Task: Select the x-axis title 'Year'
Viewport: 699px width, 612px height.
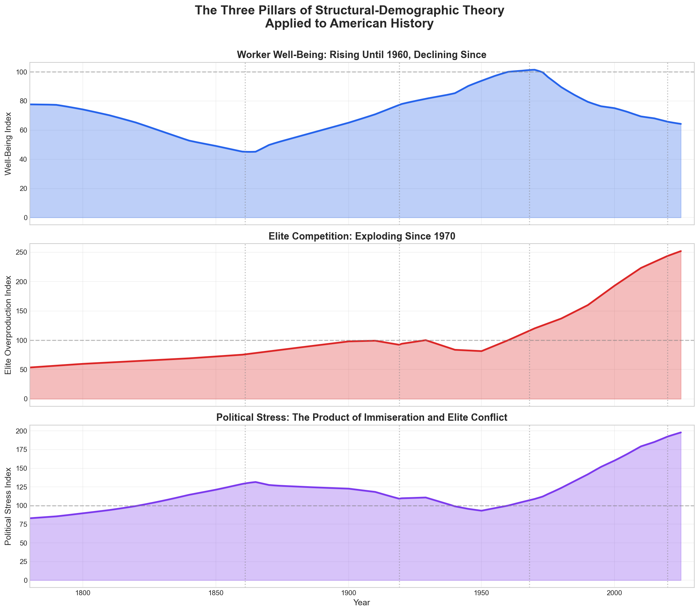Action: click(x=362, y=603)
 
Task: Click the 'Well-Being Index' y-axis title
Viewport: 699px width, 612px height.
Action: click(x=9, y=144)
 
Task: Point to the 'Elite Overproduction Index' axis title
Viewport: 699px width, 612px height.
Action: click(x=9, y=325)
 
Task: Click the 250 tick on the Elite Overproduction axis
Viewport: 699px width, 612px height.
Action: click(x=20, y=252)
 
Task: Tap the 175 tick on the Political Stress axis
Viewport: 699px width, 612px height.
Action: click(x=20, y=450)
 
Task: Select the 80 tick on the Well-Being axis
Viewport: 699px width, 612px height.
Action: click(x=22, y=101)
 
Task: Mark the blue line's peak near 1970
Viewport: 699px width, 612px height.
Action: click(x=534, y=70)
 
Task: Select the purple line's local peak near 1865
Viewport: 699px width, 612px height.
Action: click(x=255, y=482)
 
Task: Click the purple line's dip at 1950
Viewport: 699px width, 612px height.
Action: click(x=481, y=511)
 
